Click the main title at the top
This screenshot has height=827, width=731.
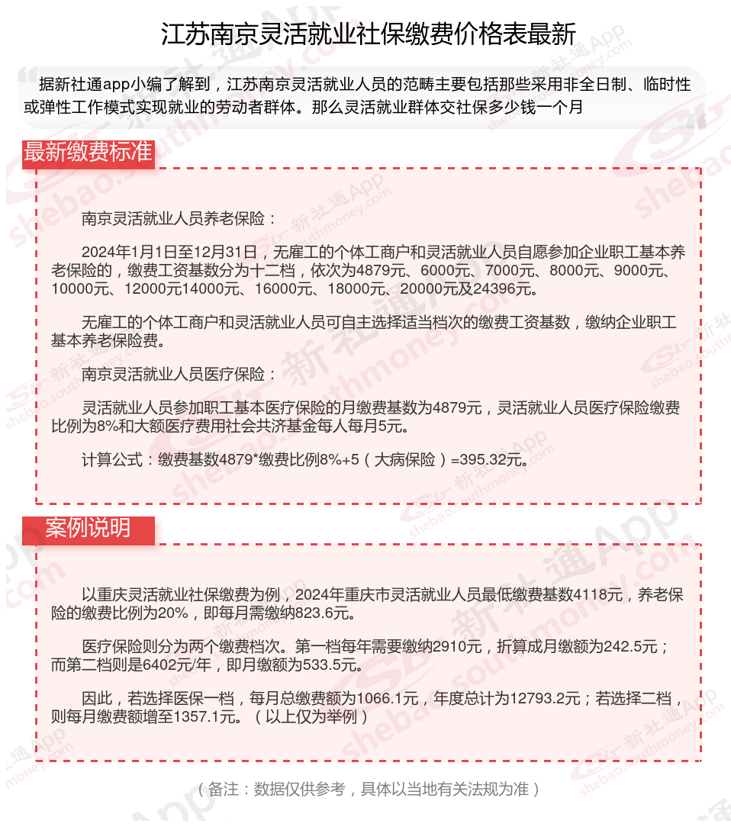pyautogui.click(x=368, y=34)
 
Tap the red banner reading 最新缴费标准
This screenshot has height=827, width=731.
pyautogui.click(x=88, y=152)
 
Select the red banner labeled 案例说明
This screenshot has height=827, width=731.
pyautogui.click(x=88, y=528)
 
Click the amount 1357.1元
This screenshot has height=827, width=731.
pyautogui.click(x=206, y=716)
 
